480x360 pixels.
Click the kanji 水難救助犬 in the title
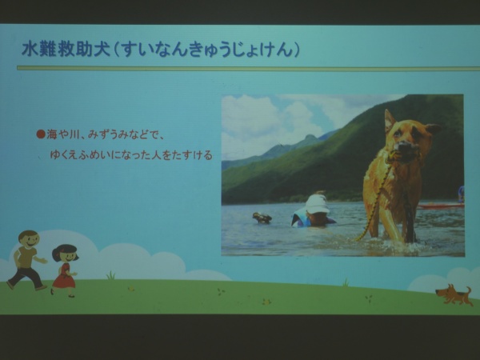coord(66,49)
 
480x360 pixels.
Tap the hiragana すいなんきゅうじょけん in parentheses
coord(205,50)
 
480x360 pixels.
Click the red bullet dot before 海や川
coord(41,134)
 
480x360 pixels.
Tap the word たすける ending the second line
coord(192,155)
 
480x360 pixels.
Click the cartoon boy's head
coord(29,238)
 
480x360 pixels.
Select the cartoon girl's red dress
coord(64,276)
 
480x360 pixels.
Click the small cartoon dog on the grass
coord(454,294)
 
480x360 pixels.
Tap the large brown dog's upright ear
coord(390,120)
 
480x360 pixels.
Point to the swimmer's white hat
coord(317,203)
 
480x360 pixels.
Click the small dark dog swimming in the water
coord(262,218)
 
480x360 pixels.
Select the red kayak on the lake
coord(441,206)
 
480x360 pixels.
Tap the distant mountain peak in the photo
coord(310,137)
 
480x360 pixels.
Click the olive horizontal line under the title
coord(248,68)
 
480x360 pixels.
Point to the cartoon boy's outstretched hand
coord(43,261)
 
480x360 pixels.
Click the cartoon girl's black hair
coord(64,250)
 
